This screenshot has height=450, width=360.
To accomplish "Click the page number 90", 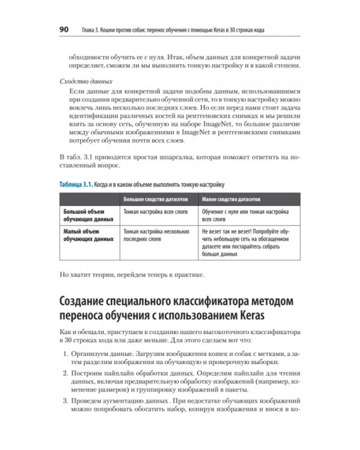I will tap(64, 29).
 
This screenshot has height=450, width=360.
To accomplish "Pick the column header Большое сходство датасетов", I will tap(155, 199).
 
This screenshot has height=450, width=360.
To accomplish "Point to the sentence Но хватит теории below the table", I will tap(132, 275).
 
